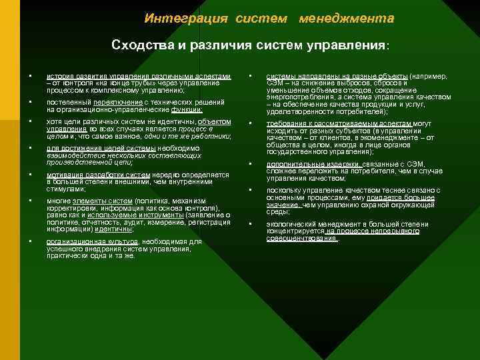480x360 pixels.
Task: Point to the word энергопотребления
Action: click(x=297, y=96)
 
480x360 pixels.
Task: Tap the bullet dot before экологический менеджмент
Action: click(x=251, y=225)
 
